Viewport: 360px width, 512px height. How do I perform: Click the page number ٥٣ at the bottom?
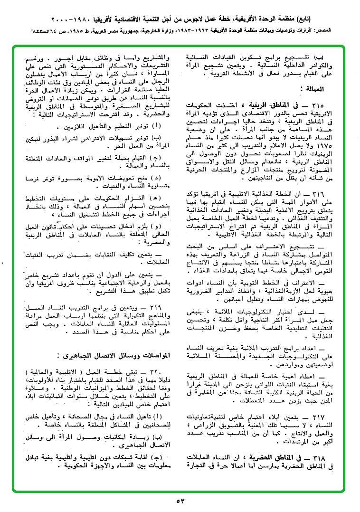click(180, 501)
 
